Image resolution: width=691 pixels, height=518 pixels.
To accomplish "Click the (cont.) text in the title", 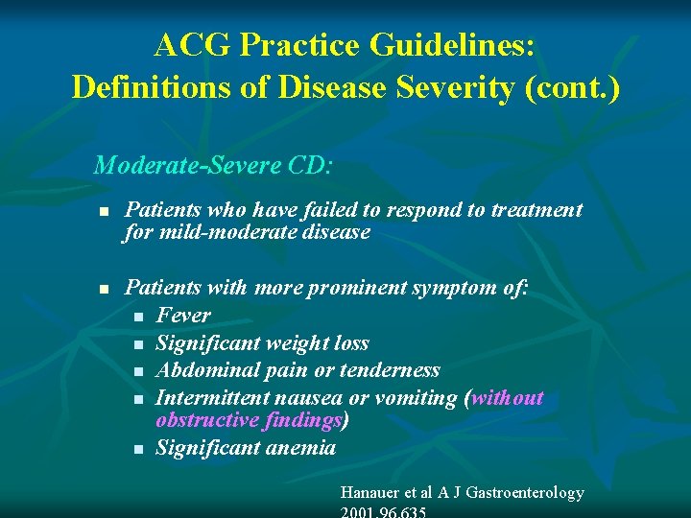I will click(x=579, y=87).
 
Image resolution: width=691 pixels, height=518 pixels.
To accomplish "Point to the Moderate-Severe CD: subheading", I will click(x=213, y=165).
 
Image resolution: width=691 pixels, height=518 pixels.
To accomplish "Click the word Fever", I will click(x=182, y=315).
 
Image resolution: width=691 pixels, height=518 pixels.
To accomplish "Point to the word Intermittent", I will click(x=210, y=397).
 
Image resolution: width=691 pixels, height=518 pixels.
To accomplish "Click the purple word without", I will click(x=506, y=397).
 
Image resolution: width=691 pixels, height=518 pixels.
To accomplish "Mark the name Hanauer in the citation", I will click(x=375, y=492).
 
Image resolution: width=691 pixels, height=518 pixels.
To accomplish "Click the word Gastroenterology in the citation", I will click(x=525, y=492).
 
